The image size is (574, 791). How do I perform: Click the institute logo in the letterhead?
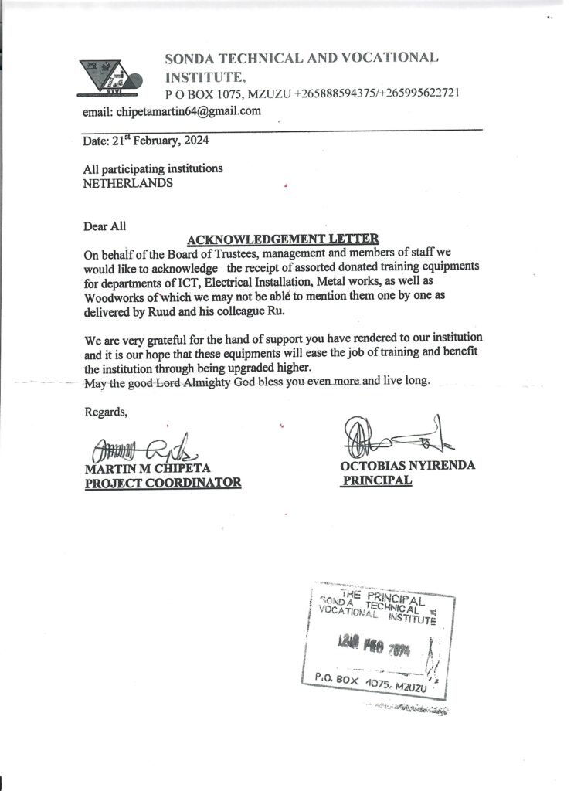tap(113, 77)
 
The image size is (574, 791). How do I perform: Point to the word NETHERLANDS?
tap(128, 183)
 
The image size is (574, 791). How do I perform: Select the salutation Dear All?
tap(104, 226)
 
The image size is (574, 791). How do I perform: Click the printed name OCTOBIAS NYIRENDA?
tap(407, 466)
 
